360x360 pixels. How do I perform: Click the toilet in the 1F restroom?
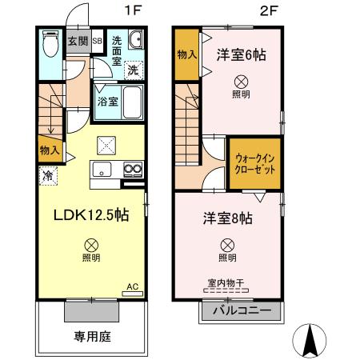click(49, 43)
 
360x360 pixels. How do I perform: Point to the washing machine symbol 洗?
click(133, 70)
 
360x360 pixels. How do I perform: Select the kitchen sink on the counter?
click(102, 169)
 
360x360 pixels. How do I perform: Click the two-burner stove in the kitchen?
click(131, 169)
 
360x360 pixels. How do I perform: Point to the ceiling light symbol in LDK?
click(92, 244)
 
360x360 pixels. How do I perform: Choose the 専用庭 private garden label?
click(92, 337)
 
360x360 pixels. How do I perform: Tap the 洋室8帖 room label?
click(227, 217)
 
